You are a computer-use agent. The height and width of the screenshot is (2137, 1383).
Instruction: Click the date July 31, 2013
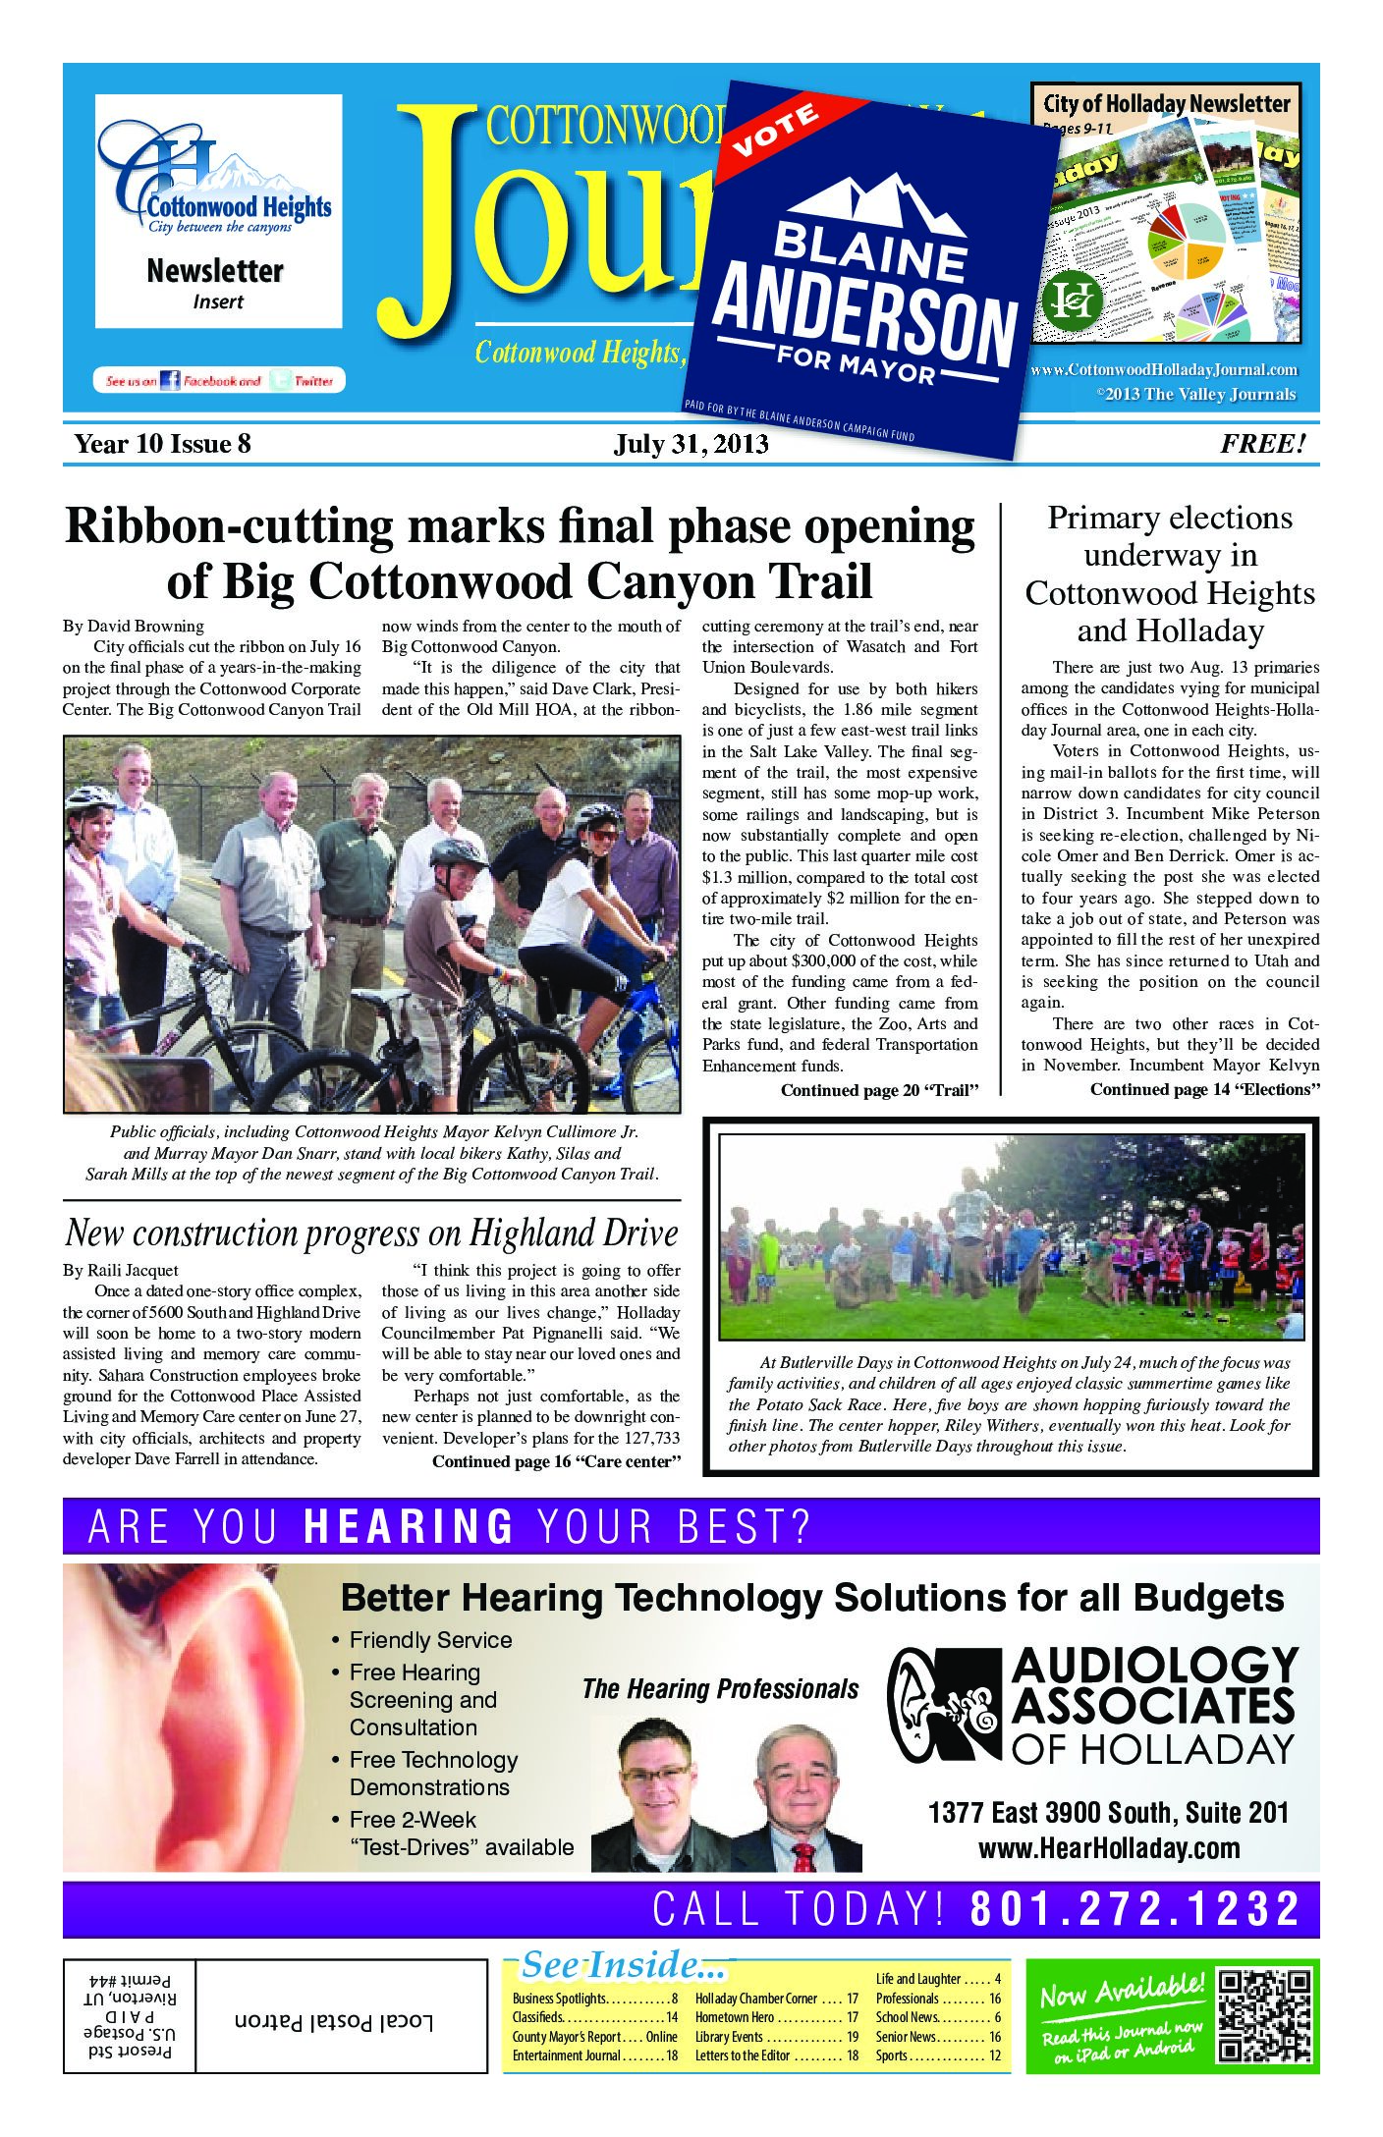point(691,445)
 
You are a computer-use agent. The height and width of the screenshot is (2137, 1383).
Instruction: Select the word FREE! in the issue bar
point(1263,444)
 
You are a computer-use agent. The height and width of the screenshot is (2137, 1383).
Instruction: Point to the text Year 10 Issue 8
point(163,445)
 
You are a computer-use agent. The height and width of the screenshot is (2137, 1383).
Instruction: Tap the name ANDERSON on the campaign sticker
point(864,320)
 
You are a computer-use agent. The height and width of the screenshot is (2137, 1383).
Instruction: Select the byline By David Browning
point(133,626)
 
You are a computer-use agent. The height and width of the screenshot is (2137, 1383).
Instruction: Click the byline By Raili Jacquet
point(121,1271)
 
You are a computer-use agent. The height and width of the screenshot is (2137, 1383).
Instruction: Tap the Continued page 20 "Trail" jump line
point(880,1090)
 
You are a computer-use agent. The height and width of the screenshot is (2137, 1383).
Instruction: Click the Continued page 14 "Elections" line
point(1203,1089)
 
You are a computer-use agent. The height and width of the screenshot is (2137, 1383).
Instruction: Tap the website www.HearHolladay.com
point(1108,1848)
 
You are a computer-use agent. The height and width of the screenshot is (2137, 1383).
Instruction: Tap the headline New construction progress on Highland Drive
point(371,1233)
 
